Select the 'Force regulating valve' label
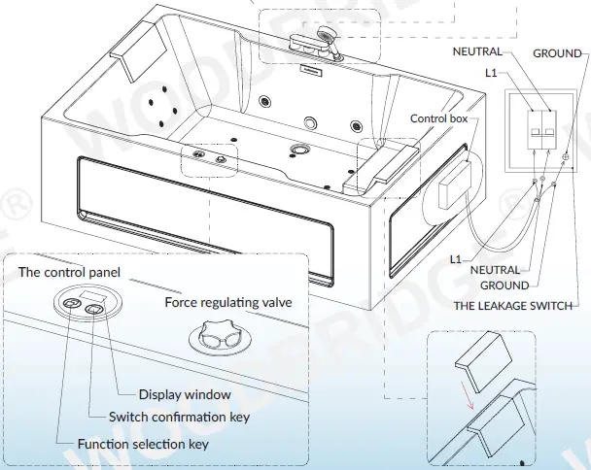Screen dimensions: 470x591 227,303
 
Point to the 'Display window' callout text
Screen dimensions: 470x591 185,394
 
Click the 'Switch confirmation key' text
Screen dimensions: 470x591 178,417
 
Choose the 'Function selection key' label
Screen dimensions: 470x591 143,444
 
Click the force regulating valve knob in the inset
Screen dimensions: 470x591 215,337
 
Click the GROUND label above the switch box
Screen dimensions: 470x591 556,53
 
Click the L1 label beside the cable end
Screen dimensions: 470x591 456,259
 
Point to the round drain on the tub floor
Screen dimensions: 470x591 300,150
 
